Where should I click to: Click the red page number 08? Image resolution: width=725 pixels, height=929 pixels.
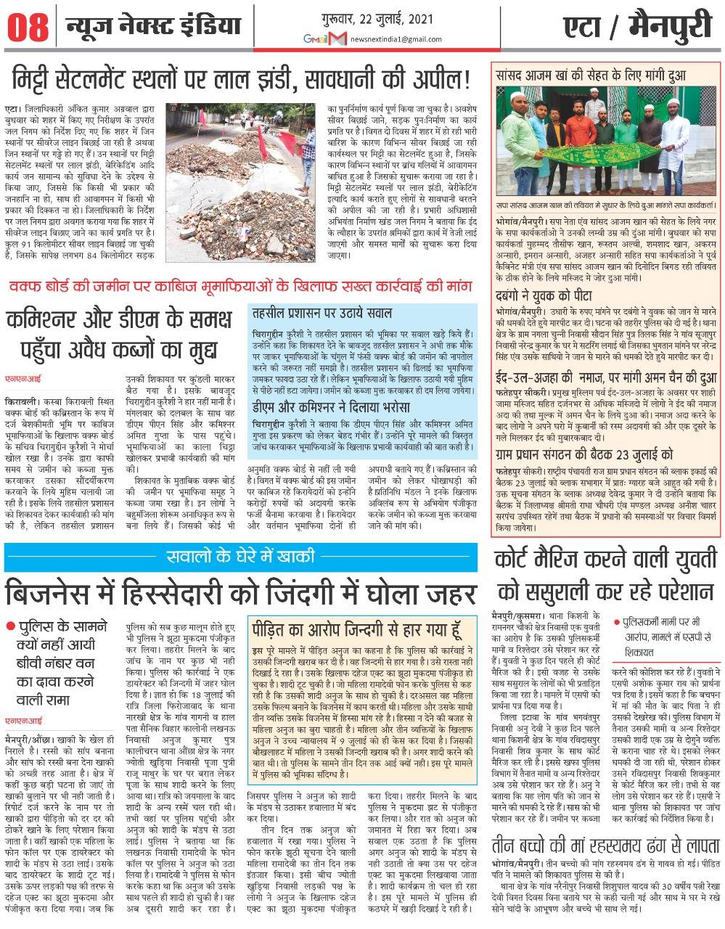[28, 28]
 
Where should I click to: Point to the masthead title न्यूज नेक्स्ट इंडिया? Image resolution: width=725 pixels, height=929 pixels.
[153, 26]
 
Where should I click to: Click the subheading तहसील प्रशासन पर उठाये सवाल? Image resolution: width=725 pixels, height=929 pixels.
[321, 314]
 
